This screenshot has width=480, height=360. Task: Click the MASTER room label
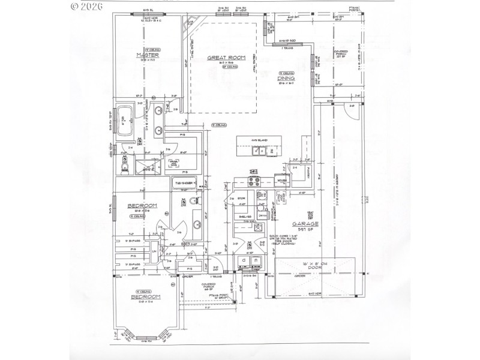tap(146, 55)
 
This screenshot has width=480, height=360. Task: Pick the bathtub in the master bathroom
tap(126, 119)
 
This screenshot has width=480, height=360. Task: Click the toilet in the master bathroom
tap(125, 166)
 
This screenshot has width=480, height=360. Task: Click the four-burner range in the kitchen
tap(251, 182)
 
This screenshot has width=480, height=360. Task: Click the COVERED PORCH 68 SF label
tap(208, 287)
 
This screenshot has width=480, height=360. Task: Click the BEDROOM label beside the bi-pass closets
tap(142, 206)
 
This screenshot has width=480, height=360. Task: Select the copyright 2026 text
tap(87, 7)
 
